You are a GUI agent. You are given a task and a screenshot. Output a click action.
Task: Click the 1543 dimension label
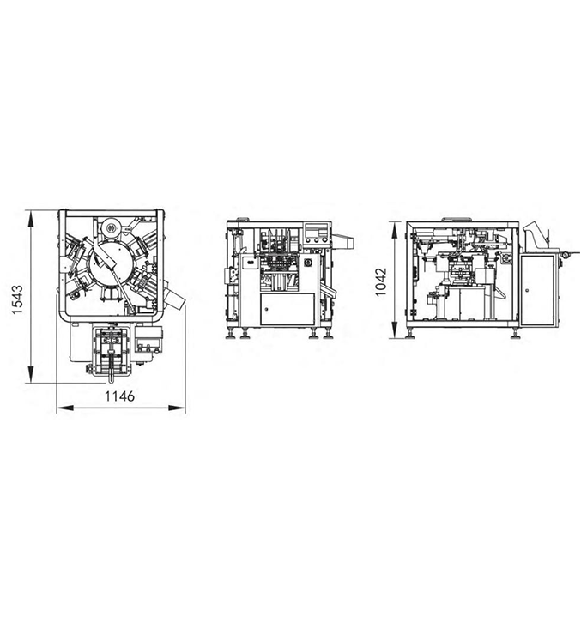coord(18,299)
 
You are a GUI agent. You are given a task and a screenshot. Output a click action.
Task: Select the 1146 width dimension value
coord(119,396)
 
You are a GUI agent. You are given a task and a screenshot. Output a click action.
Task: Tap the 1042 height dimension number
coord(381,281)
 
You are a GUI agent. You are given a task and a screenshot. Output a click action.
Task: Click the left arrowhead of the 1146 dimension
coord(65,408)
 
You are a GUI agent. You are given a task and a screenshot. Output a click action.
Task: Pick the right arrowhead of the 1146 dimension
coord(177,408)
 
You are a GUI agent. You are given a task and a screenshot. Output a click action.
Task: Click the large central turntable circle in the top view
coord(109,262)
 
